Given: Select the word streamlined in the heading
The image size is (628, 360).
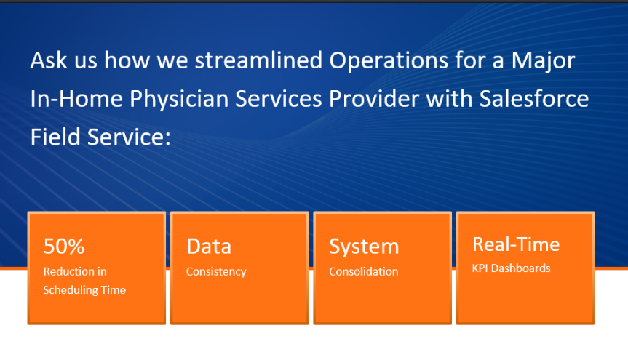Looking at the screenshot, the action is coord(259,60).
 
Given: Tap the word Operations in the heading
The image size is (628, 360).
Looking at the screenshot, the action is coord(389,61).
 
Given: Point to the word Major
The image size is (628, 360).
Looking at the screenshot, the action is coord(543,62).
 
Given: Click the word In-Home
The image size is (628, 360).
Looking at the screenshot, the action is coord(76,98).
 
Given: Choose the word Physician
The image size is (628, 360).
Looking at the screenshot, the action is coord(179,100).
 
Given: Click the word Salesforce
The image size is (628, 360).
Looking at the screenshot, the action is coord(534,98).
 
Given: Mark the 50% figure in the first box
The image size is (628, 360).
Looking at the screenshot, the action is coord(64,247).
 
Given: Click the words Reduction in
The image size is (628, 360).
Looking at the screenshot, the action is coord(75,271).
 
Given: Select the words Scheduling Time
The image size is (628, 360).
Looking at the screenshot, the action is coord(84,290).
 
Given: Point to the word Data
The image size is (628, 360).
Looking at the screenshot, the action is coord(209,247).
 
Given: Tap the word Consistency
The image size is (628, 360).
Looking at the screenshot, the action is coord(216,272).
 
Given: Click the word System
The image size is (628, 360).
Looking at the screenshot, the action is coord(364,247).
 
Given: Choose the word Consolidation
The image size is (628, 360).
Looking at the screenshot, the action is coord(364,271).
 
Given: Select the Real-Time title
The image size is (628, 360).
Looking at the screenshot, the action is coord(516,244).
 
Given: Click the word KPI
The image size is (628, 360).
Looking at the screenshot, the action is coord(480,268).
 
